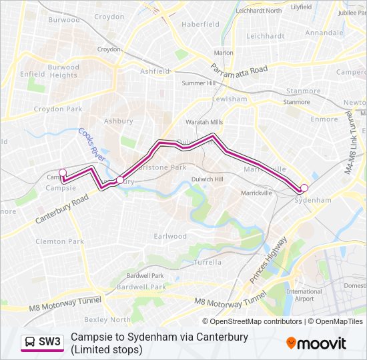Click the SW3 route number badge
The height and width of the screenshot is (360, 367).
[49, 342]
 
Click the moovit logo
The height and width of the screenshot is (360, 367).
[316, 343]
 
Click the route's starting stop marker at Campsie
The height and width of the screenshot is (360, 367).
[63, 173]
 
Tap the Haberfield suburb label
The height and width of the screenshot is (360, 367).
[200, 24]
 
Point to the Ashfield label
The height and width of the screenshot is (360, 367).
[155, 71]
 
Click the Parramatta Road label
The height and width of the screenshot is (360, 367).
[239, 69]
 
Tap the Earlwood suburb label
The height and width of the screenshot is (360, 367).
[170, 236]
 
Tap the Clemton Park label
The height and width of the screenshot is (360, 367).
[60, 241]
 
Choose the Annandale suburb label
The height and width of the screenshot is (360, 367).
[324, 32]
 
